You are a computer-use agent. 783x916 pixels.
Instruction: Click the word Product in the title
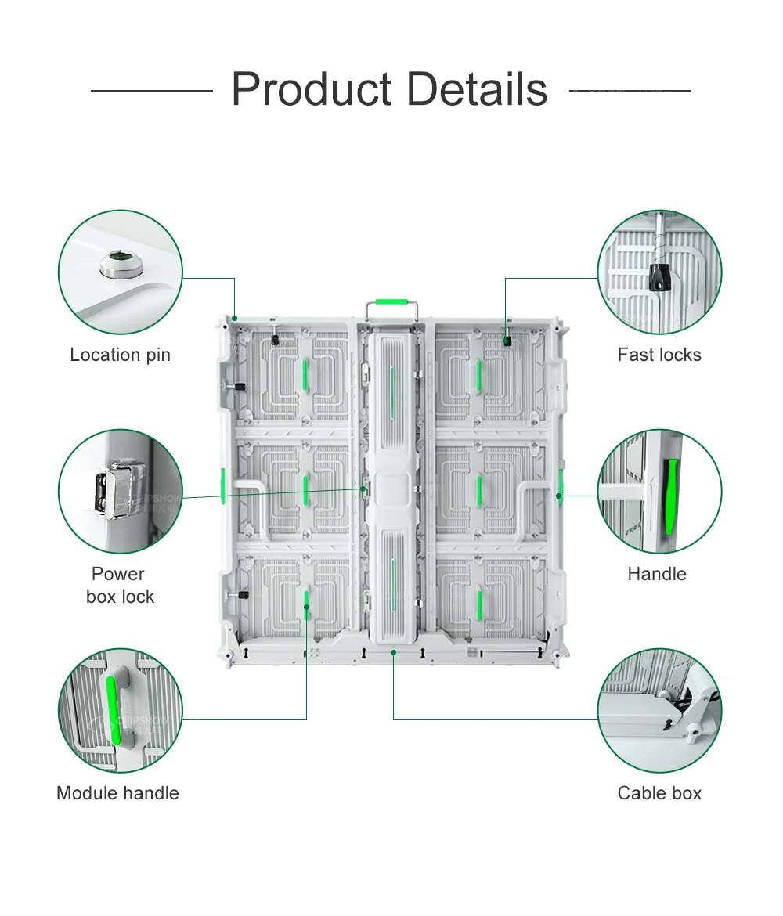tap(311, 89)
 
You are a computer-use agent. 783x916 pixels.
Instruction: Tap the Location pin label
tap(120, 355)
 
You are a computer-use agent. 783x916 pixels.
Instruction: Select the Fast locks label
tap(659, 355)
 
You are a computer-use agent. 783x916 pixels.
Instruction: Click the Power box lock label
tap(120, 585)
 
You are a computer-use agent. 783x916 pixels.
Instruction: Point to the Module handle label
tap(117, 793)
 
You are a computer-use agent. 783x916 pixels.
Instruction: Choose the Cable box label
tap(659, 793)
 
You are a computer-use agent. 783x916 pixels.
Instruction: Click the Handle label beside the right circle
tap(657, 574)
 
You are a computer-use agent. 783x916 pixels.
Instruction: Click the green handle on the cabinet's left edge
tap(222, 485)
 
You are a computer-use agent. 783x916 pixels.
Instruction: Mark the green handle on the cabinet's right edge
tap(561, 485)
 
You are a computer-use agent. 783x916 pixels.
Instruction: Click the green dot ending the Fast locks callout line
tap(506, 339)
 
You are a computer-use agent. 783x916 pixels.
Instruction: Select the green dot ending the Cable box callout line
tap(393, 651)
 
